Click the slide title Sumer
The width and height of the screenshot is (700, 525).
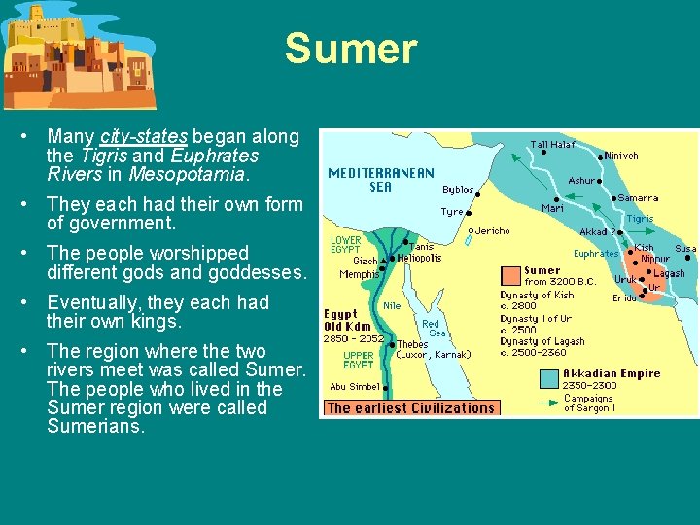click(x=350, y=49)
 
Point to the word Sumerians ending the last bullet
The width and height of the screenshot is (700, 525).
click(x=94, y=426)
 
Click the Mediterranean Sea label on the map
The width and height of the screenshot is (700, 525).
click(x=381, y=180)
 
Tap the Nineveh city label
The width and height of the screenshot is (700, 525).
click(x=622, y=155)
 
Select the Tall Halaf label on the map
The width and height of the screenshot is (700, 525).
click(x=552, y=145)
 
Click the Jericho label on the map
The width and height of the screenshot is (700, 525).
click(x=492, y=231)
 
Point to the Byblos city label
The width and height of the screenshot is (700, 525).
click(x=458, y=190)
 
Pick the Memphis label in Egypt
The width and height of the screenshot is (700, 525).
click(x=359, y=274)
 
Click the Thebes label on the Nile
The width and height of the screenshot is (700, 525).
click(x=412, y=344)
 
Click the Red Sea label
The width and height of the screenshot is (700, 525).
click(x=431, y=328)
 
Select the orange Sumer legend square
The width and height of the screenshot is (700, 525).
click(x=510, y=275)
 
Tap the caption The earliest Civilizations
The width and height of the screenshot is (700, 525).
click(x=410, y=408)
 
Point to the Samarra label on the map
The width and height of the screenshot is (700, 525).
click(x=638, y=198)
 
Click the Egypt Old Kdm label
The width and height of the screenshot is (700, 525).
click(x=347, y=320)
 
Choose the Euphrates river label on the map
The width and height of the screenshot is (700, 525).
click(x=596, y=254)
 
